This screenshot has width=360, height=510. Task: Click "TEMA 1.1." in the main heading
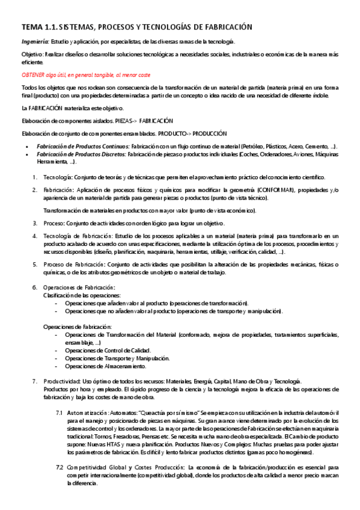(x=40, y=27)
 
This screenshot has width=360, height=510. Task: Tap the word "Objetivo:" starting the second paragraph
(x=34, y=54)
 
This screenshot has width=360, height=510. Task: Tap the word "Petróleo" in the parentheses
(x=255, y=146)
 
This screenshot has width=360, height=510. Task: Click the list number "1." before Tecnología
(x=35, y=177)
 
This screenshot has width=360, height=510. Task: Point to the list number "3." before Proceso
(x=35, y=223)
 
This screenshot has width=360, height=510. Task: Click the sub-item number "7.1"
(x=59, y=414)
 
